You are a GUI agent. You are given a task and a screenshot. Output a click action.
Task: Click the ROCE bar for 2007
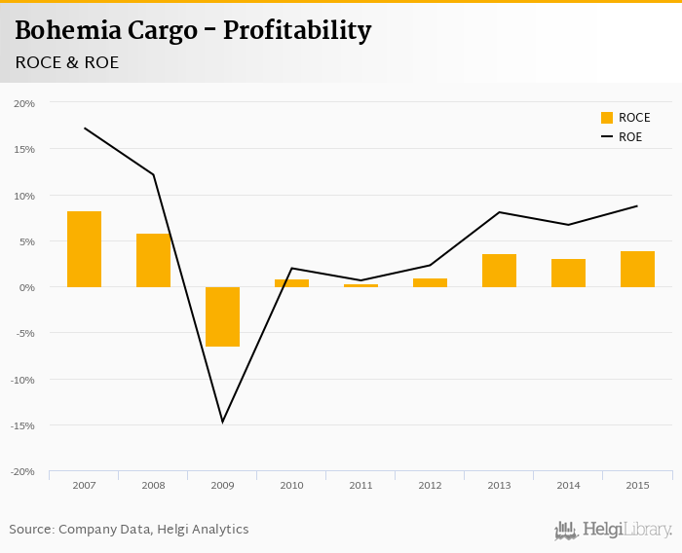tap(84, 249)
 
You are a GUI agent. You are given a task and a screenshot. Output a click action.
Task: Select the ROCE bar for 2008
tap(153, 260)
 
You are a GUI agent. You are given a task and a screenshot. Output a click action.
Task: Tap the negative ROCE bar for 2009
tap(222, 316)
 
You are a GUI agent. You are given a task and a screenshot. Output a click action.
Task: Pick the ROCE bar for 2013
tap(499, 271)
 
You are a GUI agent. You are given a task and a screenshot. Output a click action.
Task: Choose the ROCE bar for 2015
tap(637, 269)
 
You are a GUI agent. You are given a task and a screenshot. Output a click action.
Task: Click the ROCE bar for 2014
tap(568, 273)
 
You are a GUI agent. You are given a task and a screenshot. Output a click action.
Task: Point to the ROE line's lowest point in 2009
tap(222, 422)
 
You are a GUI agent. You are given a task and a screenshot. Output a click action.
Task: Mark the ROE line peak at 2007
tap(85, 128)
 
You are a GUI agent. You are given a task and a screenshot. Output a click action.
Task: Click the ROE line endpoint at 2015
tap(637, 205)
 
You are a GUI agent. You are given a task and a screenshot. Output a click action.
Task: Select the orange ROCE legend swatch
tap(607, 118)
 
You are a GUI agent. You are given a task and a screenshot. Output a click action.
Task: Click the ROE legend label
tap(630, 137)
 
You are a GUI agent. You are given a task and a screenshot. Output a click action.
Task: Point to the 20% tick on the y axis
tap(24, 103)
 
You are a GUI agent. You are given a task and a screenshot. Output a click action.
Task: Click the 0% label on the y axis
tap(27, 287)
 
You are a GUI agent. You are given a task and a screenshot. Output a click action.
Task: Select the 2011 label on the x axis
tap(360, 485)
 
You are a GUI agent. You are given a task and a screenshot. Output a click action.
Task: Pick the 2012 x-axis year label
tap(430, 485)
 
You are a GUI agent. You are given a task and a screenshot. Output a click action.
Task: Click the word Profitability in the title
tap(297, 31)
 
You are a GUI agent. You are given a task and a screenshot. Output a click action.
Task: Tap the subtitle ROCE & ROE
tap(67, 62)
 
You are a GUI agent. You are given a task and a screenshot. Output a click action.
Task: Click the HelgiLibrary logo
tap(613, 530)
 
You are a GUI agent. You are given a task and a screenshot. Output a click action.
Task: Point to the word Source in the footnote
tap(30, 530)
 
